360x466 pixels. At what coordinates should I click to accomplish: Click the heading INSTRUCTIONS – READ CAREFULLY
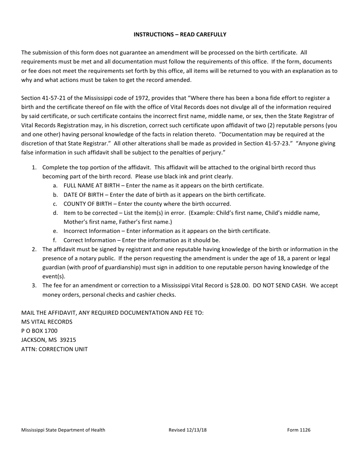[x=180, y=34]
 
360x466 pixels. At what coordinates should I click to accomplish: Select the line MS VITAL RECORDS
[x=47, y=322]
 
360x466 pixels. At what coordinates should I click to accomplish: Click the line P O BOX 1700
[x=39, y=331]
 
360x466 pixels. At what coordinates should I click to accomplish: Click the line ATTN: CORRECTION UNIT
[x=55, y=349]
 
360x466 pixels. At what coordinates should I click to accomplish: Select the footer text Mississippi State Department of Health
[x=63, y=430]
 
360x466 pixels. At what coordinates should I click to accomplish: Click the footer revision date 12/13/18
[x=196, y=430]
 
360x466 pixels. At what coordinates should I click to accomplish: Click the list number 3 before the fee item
[x=34, y=286]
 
